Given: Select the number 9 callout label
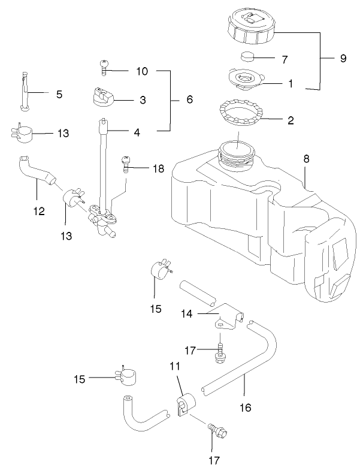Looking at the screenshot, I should click(343, 59).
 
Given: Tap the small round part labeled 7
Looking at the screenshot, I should click(247, 58).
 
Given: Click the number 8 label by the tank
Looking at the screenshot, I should click(306, 159).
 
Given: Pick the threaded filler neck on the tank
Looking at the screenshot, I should click(238, 153).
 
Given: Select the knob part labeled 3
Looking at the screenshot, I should click(104, 98).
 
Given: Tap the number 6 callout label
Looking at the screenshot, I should click(189, 99).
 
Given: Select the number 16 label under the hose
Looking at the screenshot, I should click(245, 407).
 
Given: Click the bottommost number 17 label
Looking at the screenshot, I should click(213, 460).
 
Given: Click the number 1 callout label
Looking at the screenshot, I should click(291, 84).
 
